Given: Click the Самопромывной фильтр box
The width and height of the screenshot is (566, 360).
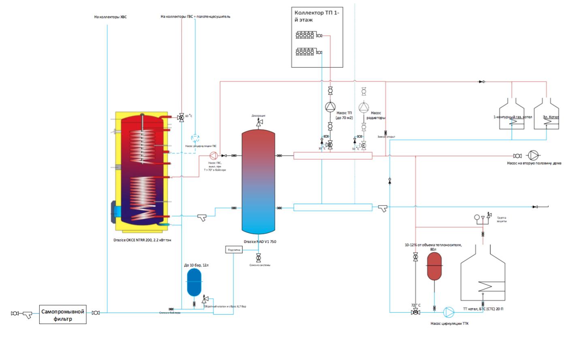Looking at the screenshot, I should [x=63, y=315].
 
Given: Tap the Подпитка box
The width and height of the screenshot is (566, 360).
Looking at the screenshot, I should [x=234, y=250].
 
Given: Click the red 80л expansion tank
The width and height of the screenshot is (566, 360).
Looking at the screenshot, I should [x=434, y=267].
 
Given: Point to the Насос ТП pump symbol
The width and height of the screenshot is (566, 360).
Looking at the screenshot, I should [x=330, y=107].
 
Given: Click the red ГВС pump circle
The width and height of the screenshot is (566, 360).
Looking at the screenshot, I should [x=213, y=155].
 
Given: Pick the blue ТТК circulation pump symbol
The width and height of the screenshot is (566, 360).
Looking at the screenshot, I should [x=449, y=312].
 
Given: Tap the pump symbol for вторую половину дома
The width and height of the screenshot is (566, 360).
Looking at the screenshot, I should [x=533, y=156].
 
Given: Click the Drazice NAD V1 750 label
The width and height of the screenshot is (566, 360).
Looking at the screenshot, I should [x=260, y=242].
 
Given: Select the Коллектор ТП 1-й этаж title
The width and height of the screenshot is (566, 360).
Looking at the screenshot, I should [x=316, y=16].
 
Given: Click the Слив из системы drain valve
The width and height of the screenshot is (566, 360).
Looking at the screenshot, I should [x=258, y=257].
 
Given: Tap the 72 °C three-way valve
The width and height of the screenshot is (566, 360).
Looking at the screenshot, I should [x=415, y=312].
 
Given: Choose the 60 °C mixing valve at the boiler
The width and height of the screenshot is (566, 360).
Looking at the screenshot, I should [x=181, y=118].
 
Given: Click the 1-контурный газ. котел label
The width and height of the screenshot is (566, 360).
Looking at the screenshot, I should [x=512, y=117].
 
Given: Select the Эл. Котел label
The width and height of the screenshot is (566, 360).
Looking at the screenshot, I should [x=551, y=117].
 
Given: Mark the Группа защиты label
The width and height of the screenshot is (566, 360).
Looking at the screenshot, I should [x=502, y=219].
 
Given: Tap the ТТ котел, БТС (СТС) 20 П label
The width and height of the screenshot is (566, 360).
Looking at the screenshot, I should [x=483, y=309].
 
